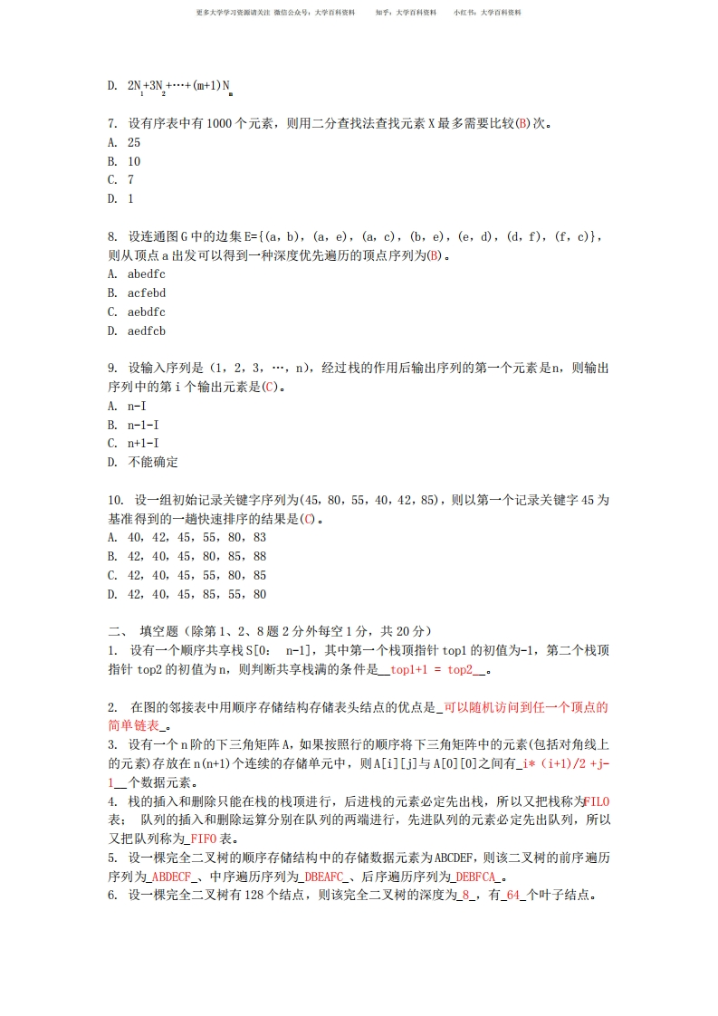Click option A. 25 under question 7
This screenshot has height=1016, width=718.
(x=123, y=142)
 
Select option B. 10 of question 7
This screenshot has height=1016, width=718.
(x=123, y=161)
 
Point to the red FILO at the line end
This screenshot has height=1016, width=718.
(x=597, y=801)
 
